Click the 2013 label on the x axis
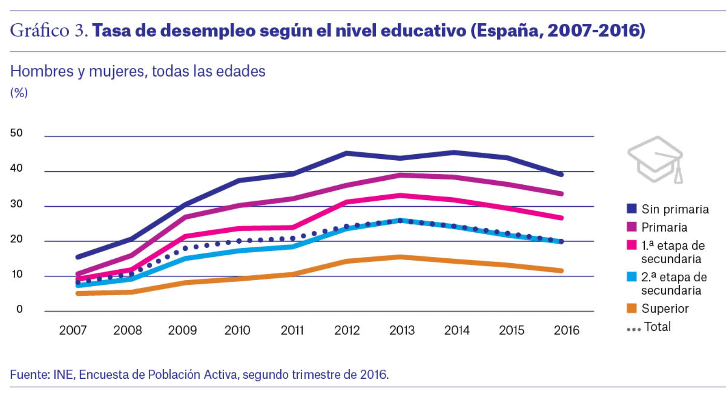[x=402, y=330]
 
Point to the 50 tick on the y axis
[x=16, y=133]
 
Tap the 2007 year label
[x=73, y=330]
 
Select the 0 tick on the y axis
[x=19, y=309]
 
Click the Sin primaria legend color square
[x=632, y=209]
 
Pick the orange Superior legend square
[x=632, y=308]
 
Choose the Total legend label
[x=658, y=327]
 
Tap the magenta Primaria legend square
[x=632, y=227]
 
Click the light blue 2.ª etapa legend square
[x=632, y=277]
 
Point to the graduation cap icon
[x=656, y=160]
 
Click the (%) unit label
[x=19, y=93]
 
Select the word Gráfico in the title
[x=40, y=31]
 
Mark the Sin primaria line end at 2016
[x=561, y=174]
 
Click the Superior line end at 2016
[x=561, y=271]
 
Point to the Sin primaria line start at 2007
[x=78, y=257]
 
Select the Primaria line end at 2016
[x=561, y=193]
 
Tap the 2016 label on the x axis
[x=566, y=330]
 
